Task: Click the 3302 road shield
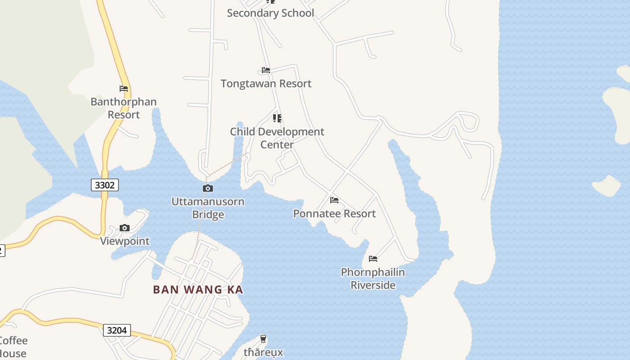click(x=105, y=184)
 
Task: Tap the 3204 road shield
click(x=117, y=330)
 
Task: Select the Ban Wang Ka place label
click(x=198, y=289)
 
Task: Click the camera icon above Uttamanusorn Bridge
click(x=208, y=188)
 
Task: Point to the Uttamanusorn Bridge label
click(x=208, y=208)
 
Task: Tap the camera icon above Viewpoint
click(x=125, y=228)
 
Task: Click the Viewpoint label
click(x=125, y=241)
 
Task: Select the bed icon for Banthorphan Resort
click(x=124, y=89)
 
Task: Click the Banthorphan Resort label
click(x=124, y=108)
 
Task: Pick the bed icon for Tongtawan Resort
click(x=266, y=70)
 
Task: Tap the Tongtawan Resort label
click(x=266, y=83)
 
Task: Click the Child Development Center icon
click(x=277, y=118)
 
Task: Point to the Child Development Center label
click(x=277, y=138)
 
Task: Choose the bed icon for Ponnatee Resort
click(x=334, y=200)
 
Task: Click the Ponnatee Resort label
click(x=334, y=213)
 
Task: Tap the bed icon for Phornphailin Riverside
click(x=373, y=259)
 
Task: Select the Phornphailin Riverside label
click(x=373, y=279)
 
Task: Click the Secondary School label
click(x=270, y=13)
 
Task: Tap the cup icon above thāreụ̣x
click(x=263, y=339)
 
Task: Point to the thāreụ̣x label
click(x=263, y=352)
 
